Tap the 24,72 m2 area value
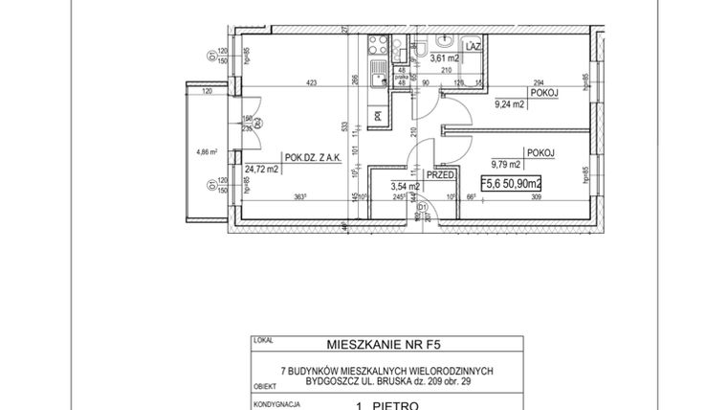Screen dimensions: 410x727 (259, 171)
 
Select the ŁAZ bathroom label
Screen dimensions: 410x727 (472, 45)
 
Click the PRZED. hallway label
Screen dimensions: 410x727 (439, 175)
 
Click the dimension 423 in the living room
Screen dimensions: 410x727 (311, 82)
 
